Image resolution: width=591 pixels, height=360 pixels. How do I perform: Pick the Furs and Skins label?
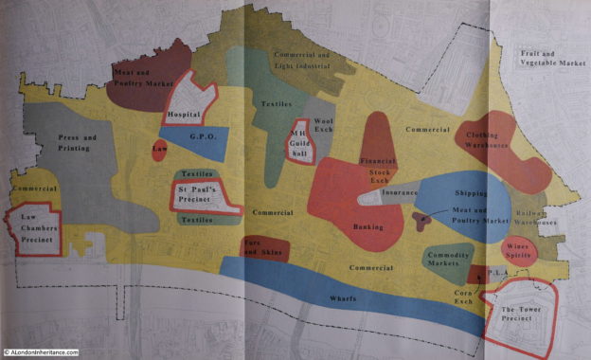(x=262, y=249)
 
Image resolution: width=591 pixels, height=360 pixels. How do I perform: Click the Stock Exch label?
(x=379, y=177)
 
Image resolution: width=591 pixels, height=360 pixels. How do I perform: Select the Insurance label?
(x=400, y=192)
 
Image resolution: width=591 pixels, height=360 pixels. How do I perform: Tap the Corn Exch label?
(x=462, y=299)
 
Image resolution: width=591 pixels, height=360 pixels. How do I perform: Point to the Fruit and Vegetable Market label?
(x=551, y=58)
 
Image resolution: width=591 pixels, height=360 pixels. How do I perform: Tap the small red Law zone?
(x=158, y=150)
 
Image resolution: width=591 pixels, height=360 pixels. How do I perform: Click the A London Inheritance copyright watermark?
(x=41, y=351)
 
